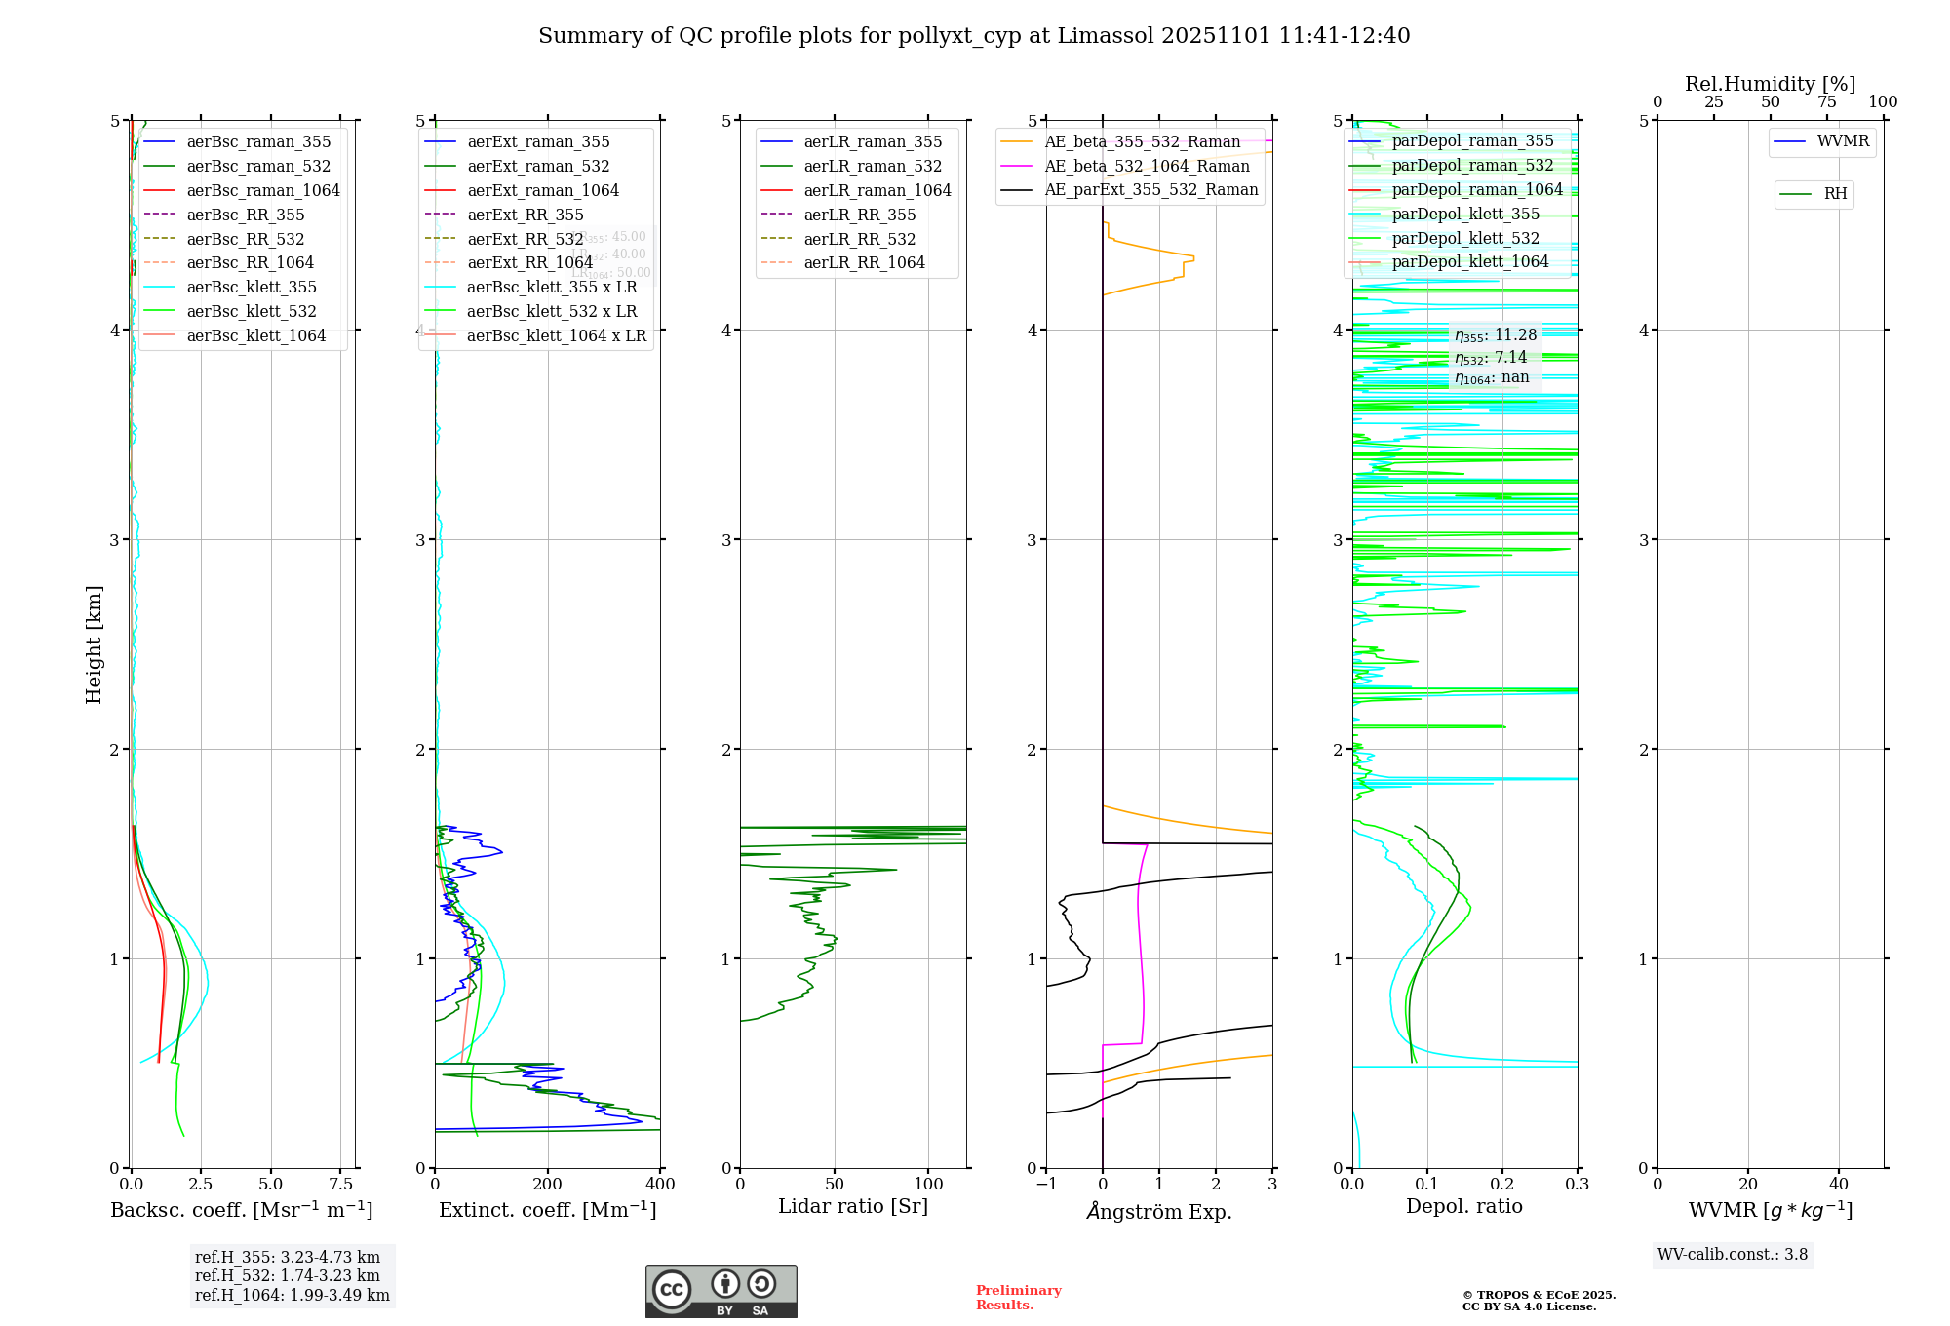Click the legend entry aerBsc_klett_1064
pos(255,335)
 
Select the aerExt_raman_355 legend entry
pos(538,141)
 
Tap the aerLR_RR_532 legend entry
pos(859,239)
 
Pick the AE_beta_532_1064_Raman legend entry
pos(1147,166)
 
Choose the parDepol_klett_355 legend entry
pos(1465,214)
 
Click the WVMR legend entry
pos(1843,141)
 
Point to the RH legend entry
pos(1835,194)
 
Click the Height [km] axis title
pos(94,643)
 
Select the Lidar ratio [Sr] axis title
pos(853,1206)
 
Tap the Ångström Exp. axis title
pos(1159,1211)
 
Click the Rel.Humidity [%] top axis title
pos(1770,84)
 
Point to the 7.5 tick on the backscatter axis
pos(341,1185)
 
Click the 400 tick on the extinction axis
pos(660,1185)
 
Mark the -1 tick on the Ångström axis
pos(1046,1185)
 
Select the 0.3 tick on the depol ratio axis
pos(1577,1185)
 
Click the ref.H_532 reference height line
pos(288,1275)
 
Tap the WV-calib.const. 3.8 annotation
pos(1733,1255)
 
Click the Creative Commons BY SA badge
pos(721,1292)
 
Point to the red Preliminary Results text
pos(1018,1298)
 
